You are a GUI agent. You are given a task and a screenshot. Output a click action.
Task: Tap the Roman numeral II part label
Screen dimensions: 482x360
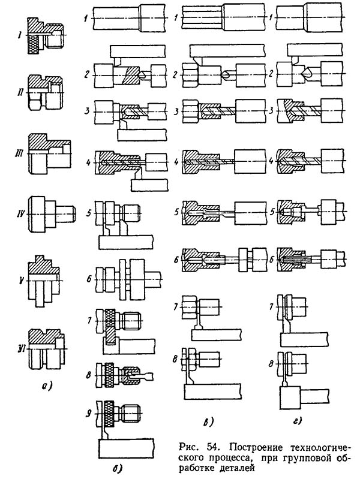(x=20, y=93)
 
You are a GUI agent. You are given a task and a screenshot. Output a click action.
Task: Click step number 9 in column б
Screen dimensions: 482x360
(x=88, y=413)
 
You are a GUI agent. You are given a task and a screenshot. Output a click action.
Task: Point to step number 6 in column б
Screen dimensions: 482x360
(x=88, y=279)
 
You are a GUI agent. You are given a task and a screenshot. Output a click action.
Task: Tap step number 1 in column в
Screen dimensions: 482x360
(x=175, y=18)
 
